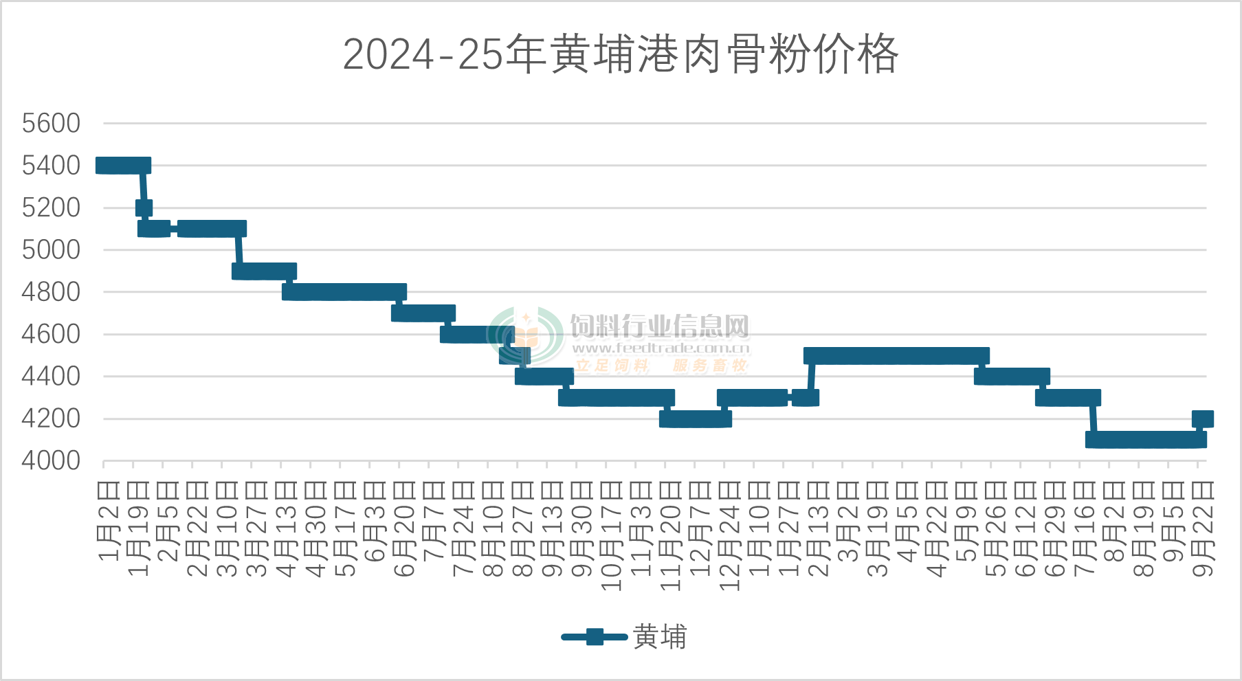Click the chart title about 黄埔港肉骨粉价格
tap(621, 54)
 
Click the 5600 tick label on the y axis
tap(51, 124)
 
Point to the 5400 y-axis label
tap(51, 166)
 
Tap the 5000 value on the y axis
tap(51, 249)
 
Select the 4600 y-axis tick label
tap(51, 335)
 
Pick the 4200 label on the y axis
tap(51, 418)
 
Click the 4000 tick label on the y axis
tap(51, 460)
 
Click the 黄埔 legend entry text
tap(660, 637)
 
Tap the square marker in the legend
tap(595, 637)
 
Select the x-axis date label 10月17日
tap(611, 536)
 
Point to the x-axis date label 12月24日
tap(729, 536)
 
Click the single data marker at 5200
tap(144, 208)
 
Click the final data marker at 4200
tap(1203, 418)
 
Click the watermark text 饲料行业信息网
tap(660, 326)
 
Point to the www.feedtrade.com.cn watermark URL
tap(661, 348)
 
